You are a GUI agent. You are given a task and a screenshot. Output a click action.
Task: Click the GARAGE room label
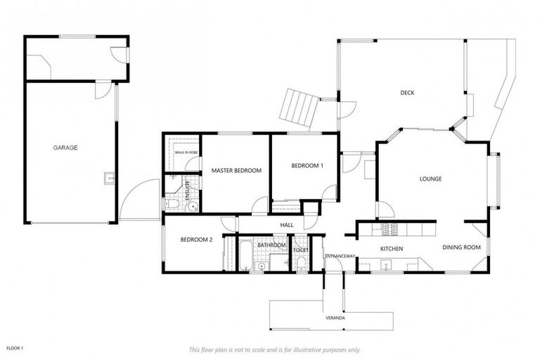coord(65,148)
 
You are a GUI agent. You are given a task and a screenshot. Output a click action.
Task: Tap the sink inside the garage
coord(110,179)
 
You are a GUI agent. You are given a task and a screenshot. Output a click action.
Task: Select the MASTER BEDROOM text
coord(236,170)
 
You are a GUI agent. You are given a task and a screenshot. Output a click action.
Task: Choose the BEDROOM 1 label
coord(307,165)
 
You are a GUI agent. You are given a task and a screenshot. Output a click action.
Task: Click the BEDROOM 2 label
coord(196,239)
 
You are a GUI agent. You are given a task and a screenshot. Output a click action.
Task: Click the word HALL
coord(287,224)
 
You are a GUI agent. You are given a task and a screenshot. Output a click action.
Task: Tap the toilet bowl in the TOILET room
coord(301,263)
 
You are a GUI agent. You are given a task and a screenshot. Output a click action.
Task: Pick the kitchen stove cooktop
coord(389,229)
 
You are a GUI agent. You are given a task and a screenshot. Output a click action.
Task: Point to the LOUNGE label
coord(430,179)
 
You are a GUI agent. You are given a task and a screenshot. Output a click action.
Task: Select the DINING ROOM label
coord(461,247)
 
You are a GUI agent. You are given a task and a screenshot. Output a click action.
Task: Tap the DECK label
coord(407,93)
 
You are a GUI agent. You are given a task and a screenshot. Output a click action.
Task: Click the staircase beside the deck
coord(298,108)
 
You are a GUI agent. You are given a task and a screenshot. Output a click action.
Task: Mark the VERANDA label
coord(335,319)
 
